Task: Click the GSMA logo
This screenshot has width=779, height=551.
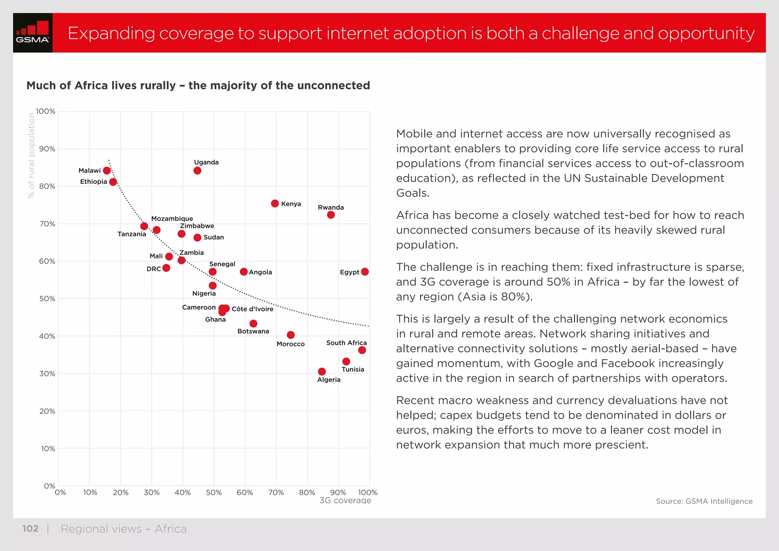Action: (33, 33)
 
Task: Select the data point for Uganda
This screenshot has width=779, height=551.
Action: (197, 170)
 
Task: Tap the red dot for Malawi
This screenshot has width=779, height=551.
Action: (107, 170)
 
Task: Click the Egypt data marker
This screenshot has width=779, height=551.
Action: (365, 272)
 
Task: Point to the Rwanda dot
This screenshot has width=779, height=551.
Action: (331, 215)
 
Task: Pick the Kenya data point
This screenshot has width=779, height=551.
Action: (275, 204)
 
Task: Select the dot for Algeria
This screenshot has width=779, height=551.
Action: (322, 371)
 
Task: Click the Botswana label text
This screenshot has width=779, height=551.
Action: (253, 331)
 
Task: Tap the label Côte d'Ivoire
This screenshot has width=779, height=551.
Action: (253, 309)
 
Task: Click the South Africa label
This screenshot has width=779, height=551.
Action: (346, 343)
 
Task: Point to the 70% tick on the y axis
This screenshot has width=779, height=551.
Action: (47, 224)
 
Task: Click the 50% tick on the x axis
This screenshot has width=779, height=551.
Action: (213, 493)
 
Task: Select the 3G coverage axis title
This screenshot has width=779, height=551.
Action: (345, 501)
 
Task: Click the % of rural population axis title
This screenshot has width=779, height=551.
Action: (31, 155)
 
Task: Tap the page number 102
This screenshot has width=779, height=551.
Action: (30, 529)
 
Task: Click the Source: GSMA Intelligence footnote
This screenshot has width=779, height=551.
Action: (704, 502)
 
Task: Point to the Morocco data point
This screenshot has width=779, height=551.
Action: (291, 335)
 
